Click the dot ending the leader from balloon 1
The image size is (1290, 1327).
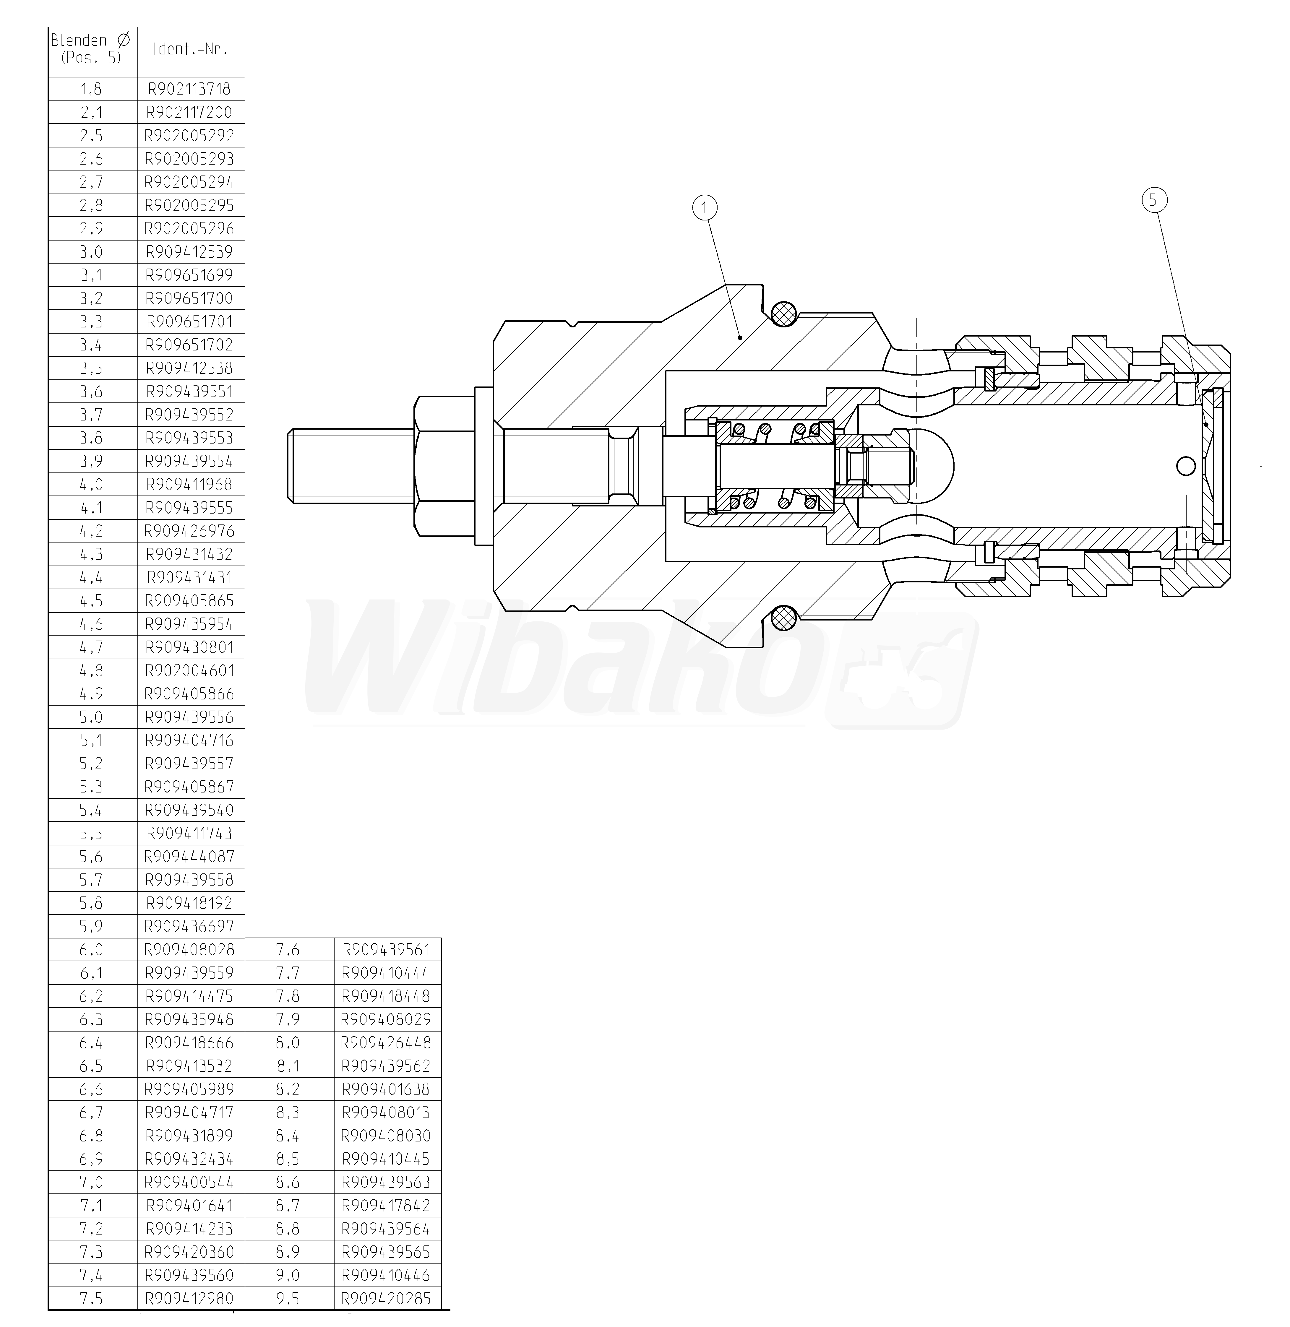click(x=741, y=337)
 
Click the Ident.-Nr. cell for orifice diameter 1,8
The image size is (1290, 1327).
click(x=190, y=89)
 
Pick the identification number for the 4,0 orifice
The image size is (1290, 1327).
click(x=190, y=484)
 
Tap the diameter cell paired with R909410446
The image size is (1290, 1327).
click(x=288, y=1276)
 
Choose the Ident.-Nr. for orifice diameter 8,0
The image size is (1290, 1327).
click(x=386, y=1042)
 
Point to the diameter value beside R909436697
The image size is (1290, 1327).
click(x=91, y=926)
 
